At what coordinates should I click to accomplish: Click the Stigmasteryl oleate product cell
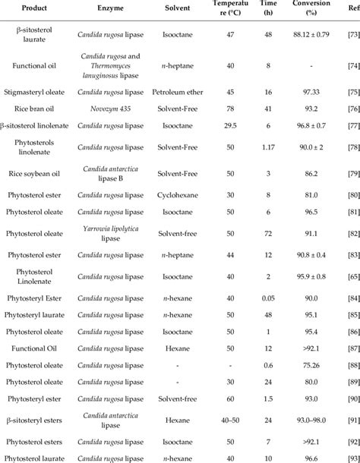35,92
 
